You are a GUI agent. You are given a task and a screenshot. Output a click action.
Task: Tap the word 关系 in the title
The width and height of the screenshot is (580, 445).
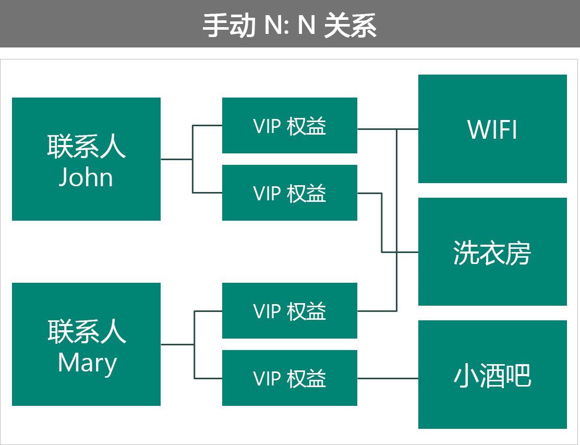coord(350,25)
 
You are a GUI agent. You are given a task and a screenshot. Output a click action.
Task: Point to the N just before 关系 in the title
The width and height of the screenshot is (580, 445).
coord(306,25)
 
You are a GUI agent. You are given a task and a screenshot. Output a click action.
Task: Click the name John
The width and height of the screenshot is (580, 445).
coord(86,177)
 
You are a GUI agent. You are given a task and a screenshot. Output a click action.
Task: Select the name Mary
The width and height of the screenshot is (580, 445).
coord(87,363)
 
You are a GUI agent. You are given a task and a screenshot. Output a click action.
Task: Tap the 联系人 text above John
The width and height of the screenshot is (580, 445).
coord(87,147)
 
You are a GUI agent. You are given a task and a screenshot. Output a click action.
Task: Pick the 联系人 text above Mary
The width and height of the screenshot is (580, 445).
coord(87,332)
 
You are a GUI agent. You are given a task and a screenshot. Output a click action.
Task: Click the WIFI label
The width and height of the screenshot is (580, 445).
coord(492,130)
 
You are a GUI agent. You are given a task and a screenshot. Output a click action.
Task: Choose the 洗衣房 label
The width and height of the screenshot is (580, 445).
coord(492,254)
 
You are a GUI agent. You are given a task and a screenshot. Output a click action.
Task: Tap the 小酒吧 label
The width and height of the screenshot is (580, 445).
coord(492,376)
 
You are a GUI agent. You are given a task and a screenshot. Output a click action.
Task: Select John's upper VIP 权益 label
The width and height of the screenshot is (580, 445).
coord(289,127)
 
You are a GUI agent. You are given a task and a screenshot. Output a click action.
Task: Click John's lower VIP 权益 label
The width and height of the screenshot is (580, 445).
coord(289,194)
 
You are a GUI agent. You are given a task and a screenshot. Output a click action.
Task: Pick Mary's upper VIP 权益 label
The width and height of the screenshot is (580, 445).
coord(289,311)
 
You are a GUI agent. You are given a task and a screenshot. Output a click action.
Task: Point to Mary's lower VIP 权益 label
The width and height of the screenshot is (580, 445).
coord(289,379)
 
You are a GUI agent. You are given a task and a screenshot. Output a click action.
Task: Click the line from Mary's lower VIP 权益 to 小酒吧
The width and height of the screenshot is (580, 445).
coord(388,378)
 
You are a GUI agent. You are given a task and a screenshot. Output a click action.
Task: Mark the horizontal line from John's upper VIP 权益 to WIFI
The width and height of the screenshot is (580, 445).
coord(377,129)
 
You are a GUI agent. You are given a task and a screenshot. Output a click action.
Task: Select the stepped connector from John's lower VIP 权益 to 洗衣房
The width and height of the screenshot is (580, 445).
coord(382,224)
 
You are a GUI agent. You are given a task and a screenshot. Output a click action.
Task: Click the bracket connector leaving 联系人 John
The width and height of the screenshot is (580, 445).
coord(192,159)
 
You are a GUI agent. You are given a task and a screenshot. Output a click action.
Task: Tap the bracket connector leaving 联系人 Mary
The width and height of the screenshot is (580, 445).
coord(195,344)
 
